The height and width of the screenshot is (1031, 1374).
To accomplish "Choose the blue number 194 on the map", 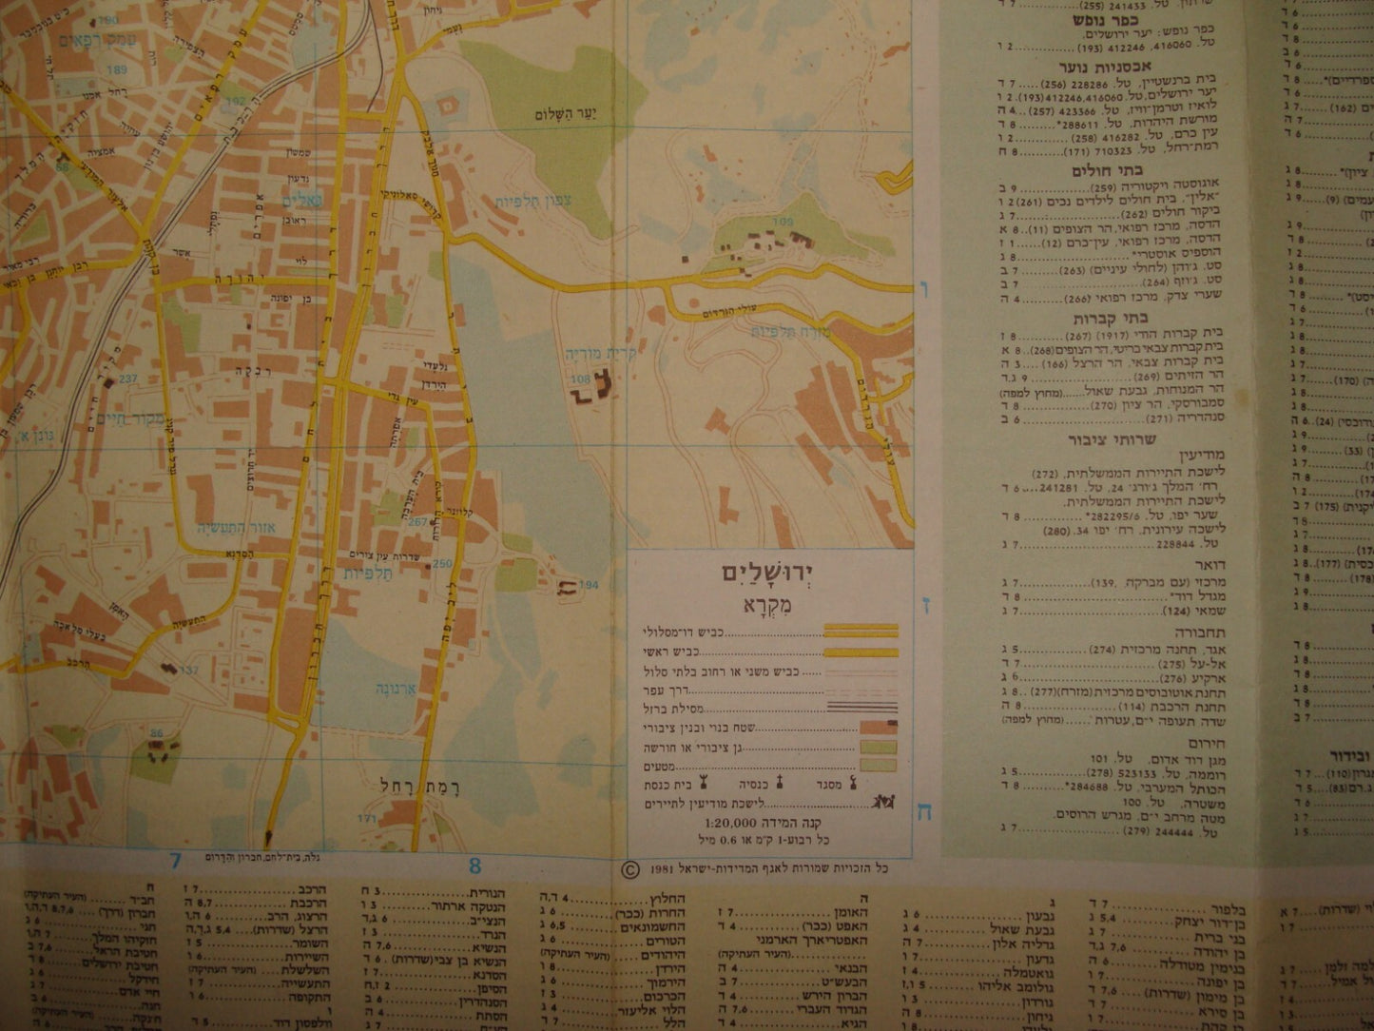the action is click(x=589, y=585).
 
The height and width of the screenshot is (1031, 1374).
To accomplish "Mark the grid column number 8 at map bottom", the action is click(x=474, y=865).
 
